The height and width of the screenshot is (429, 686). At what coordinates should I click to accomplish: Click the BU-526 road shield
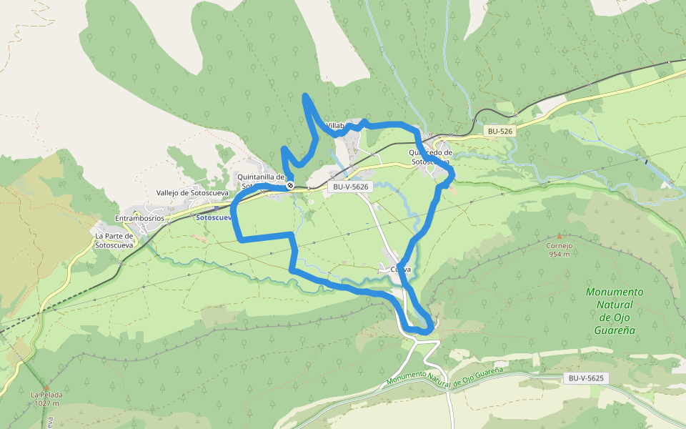(500, 132)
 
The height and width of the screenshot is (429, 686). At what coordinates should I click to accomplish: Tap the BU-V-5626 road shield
(350, 187)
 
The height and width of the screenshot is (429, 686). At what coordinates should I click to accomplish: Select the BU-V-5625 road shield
(587, 378)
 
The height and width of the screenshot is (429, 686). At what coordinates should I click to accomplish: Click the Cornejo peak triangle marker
(559, 235)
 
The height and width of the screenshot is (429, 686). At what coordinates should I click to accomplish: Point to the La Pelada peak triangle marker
(46, 386)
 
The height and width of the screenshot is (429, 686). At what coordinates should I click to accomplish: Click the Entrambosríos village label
(139, 218)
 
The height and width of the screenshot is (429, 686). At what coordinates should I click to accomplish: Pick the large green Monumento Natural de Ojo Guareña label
(614, 311)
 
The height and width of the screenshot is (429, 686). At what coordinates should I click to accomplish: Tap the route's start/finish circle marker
(290, 186)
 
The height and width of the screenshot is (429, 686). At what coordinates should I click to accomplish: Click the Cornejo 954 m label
(560, 250)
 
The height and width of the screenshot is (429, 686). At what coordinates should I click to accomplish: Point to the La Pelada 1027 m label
(46, 399)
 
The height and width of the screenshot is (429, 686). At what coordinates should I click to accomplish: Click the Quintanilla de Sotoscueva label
(261, 182)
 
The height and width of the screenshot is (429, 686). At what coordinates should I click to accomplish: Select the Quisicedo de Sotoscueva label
(431, 157)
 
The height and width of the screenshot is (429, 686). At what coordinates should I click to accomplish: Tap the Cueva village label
(401, 270)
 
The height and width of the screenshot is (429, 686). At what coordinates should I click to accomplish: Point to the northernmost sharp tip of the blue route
(305, 95)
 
